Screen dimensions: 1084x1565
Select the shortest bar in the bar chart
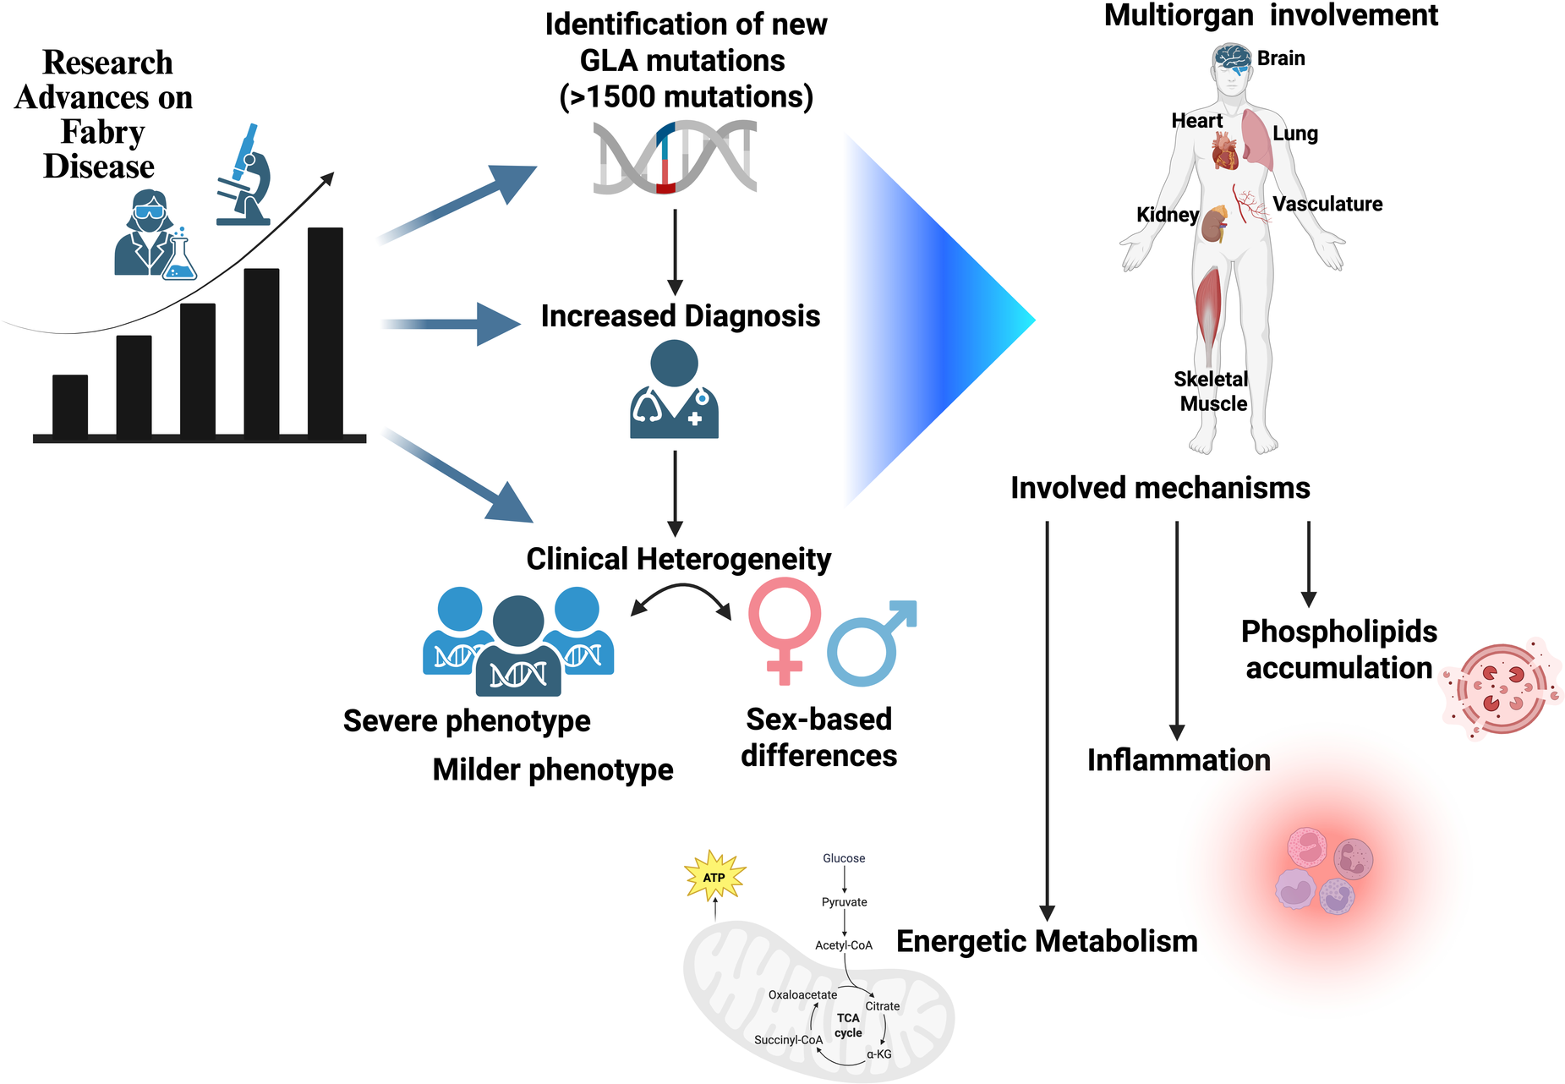coord(70,405)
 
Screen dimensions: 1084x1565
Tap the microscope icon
coord(246,177)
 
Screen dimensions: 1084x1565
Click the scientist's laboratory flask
coord(179,259)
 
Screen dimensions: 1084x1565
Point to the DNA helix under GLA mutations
coord(675,157)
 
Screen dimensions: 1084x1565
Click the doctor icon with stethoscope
coord(674,390)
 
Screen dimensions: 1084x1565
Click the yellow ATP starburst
coord(714,877)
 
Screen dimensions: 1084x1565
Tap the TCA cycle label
coord(848,1025)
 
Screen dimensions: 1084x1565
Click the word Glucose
coord(844,858)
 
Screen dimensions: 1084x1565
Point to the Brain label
coord(1280,58)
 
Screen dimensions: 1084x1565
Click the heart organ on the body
coord(1224,153)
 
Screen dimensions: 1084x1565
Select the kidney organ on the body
coord(1215,225)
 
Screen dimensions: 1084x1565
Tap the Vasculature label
coord(1327,204)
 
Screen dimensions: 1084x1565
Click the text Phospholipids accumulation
coord(1339,649)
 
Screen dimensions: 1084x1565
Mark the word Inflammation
coord(1179,760)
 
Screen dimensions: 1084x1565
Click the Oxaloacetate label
coord(802,994)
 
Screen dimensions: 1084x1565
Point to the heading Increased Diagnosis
coord(681,315)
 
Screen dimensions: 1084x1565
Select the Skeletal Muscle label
coord(1212,391)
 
